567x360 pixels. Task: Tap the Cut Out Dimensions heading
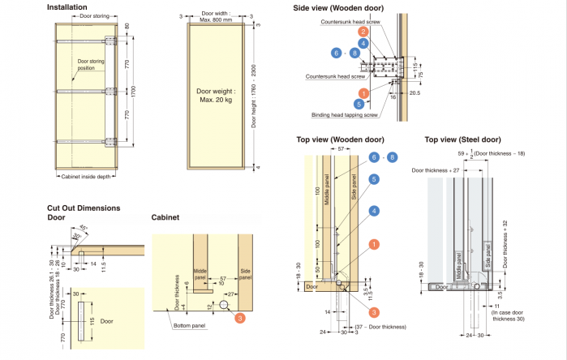pyautogui.click(x=83, y=208)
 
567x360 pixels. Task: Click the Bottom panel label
pyautogui.click(x=189, y=326)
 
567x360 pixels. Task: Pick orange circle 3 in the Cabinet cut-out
pyautogui.click(x=240, y=317)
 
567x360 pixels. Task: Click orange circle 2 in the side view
pyautogui.click(x=364, y=32)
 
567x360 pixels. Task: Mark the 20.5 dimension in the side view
pyautogui.click(x=415, y=92)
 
